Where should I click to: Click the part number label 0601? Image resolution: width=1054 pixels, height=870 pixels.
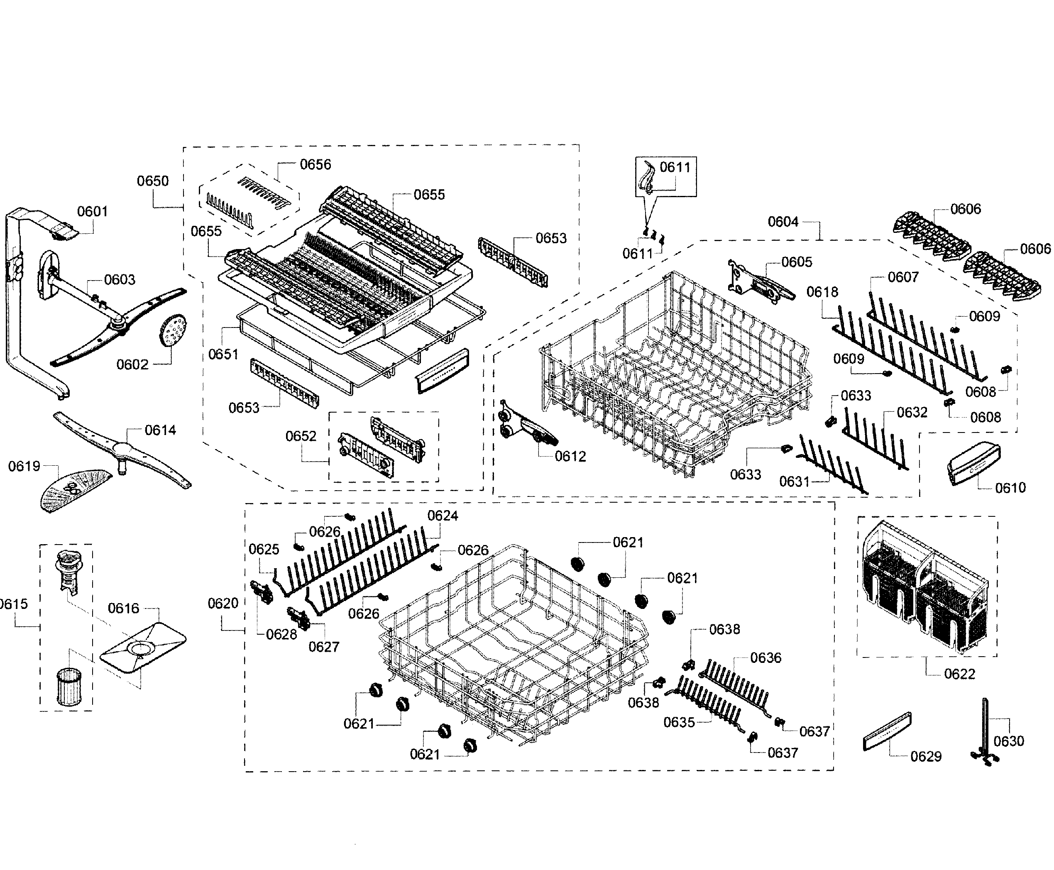92,212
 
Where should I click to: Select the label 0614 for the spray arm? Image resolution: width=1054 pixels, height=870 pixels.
160,430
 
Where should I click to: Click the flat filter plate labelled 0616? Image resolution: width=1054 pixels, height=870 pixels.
142,647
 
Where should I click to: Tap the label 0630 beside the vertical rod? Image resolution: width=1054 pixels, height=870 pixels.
1008,740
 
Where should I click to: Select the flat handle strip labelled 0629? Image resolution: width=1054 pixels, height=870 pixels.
887,731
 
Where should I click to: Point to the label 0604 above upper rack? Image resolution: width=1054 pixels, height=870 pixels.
783,222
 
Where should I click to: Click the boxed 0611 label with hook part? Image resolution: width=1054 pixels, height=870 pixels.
675,167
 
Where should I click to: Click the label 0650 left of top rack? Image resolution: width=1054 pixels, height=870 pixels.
153,181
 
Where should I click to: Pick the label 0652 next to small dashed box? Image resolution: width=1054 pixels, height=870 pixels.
301,436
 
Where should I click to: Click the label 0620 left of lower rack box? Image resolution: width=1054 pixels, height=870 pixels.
223,604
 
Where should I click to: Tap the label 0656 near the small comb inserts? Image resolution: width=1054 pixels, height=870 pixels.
315,164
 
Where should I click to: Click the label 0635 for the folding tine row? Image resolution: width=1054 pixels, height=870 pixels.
679,722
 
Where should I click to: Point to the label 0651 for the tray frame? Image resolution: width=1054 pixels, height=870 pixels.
223,354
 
